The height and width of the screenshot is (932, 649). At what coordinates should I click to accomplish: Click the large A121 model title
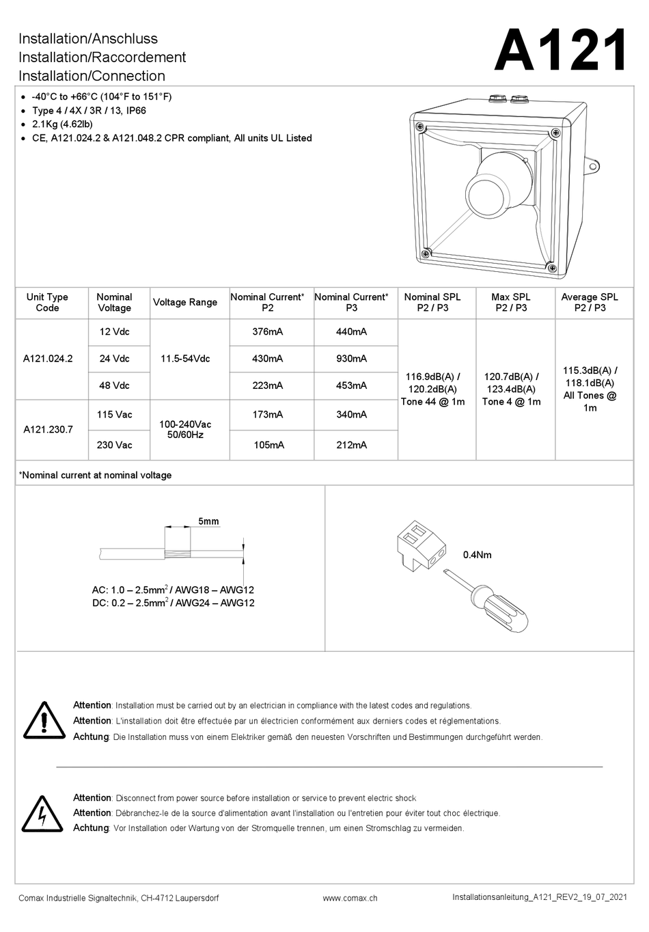coord(560,51)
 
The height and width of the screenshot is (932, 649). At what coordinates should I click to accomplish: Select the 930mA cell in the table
coord(352,359)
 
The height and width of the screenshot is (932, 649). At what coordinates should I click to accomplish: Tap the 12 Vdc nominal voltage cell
coord(114,331)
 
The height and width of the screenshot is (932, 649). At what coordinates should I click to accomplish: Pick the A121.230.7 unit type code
coord(48,429)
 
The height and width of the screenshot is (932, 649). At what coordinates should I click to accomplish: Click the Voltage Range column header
coord(185,303)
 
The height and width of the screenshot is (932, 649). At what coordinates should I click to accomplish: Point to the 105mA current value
coord(268,446)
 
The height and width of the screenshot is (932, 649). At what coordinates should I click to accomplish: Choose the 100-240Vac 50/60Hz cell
coord(185,430)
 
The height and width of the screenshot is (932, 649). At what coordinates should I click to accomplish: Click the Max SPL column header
coord(511,303)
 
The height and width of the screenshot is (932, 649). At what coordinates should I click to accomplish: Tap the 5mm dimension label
coord(208,521)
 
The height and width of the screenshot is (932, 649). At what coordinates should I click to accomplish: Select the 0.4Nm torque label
coord(477,555)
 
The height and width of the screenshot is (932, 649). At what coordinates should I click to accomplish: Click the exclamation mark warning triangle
coord(44,721)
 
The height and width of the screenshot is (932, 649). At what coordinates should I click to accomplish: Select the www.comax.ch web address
coord(350,898)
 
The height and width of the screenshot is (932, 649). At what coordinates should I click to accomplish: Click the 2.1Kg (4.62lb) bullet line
coord(62,124)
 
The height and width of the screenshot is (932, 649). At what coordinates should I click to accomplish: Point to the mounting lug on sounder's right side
coord(592,167)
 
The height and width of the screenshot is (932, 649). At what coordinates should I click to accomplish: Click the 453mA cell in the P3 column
coord(352,385)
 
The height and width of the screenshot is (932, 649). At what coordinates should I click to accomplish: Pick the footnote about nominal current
coord(95,475)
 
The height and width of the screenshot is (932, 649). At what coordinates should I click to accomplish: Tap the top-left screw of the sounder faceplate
coord(419,126)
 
